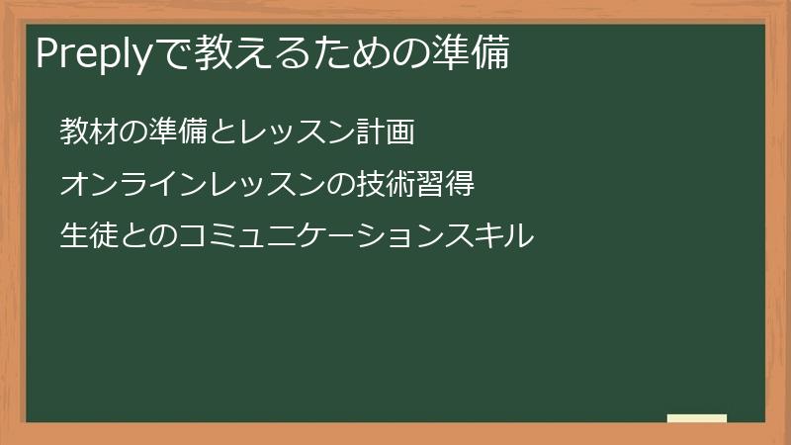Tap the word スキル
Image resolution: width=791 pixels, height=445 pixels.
pos(490,236)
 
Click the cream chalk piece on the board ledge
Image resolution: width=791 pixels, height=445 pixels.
pos(696,418)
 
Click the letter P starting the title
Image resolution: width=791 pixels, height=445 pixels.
pos(46,54)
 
